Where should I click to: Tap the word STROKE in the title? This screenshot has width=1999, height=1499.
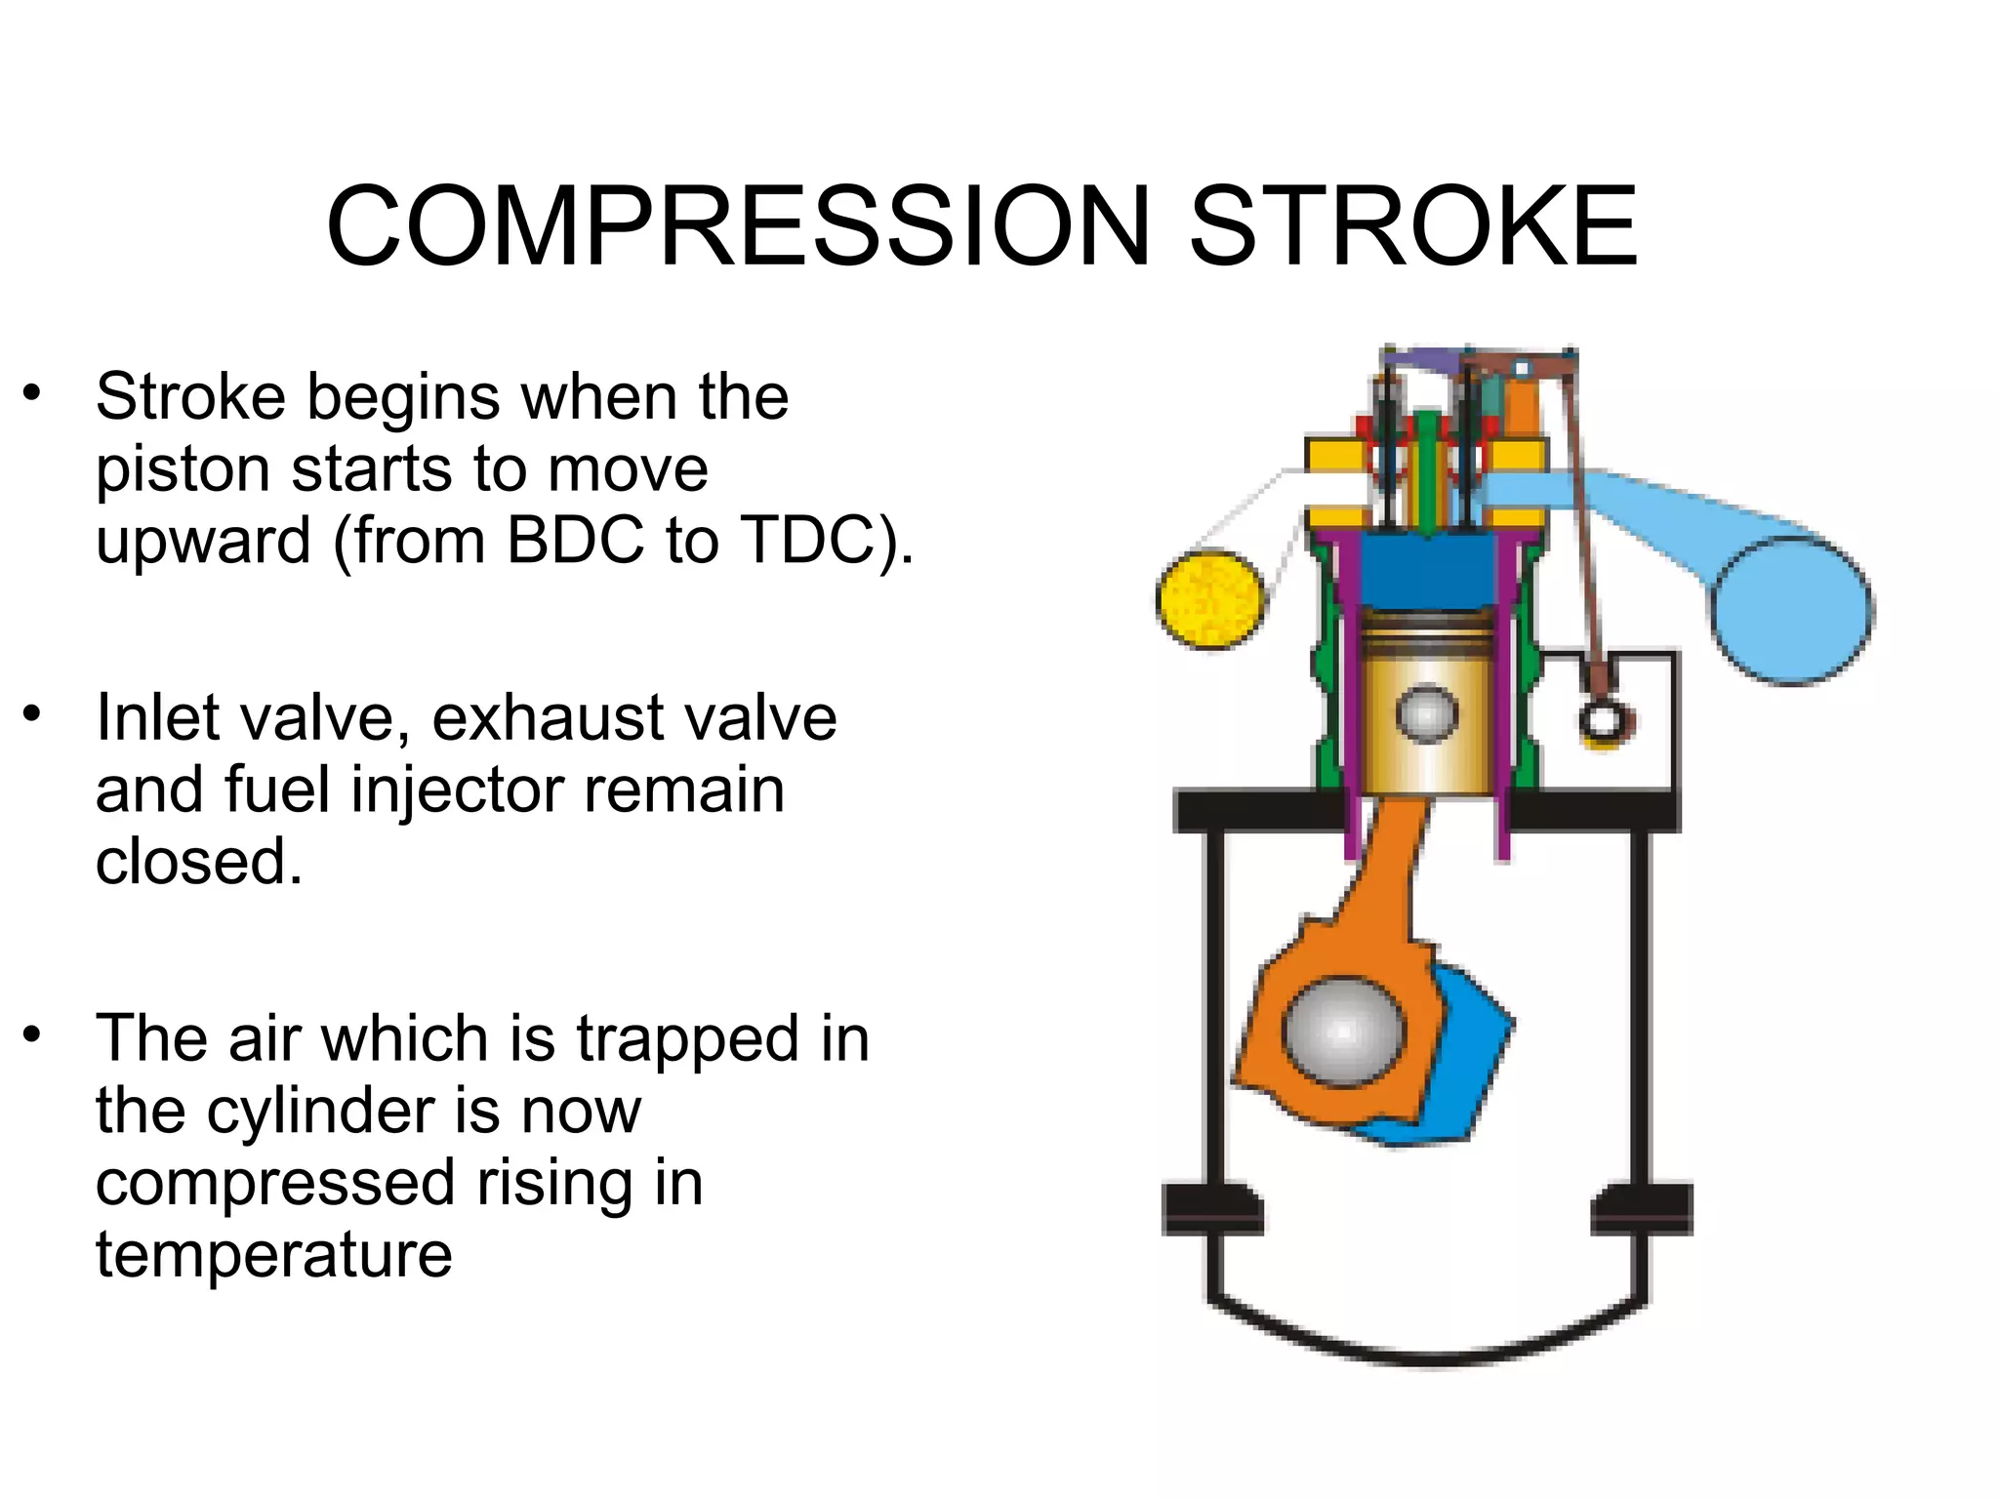coord(1412,226)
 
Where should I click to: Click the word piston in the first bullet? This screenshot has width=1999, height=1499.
coord(183,470)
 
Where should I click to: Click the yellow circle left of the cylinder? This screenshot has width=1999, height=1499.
coord(1210,599)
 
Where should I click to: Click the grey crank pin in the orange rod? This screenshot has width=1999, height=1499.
coord(1344,1031)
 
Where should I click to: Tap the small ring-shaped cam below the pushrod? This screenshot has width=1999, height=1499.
coord(1602,722)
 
